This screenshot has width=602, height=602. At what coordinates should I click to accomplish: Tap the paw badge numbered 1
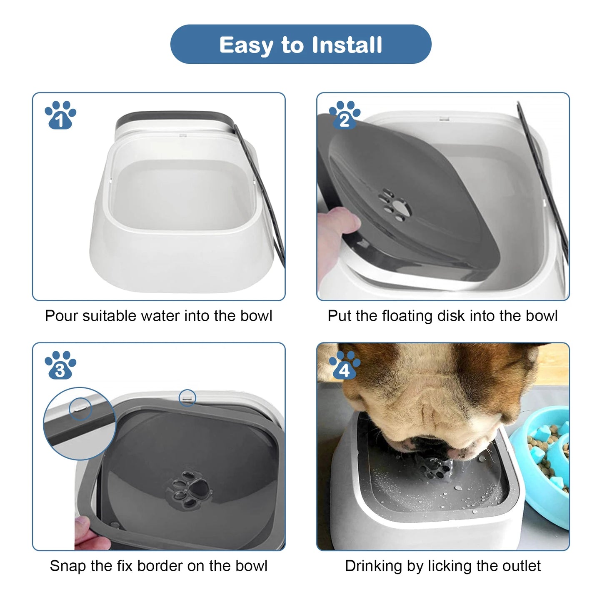point(60,115)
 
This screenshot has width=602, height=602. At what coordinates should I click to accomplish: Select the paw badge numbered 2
point(345,115)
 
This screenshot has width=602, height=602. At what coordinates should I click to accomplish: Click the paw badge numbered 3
point(60,365)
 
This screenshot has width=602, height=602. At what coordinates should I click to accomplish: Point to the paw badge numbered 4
point(345,365)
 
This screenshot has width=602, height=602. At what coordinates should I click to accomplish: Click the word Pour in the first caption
point(62,316)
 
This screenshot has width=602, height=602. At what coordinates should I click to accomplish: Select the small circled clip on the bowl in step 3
point(187,398)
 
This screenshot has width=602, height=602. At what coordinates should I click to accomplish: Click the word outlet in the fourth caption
point(521,566)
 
